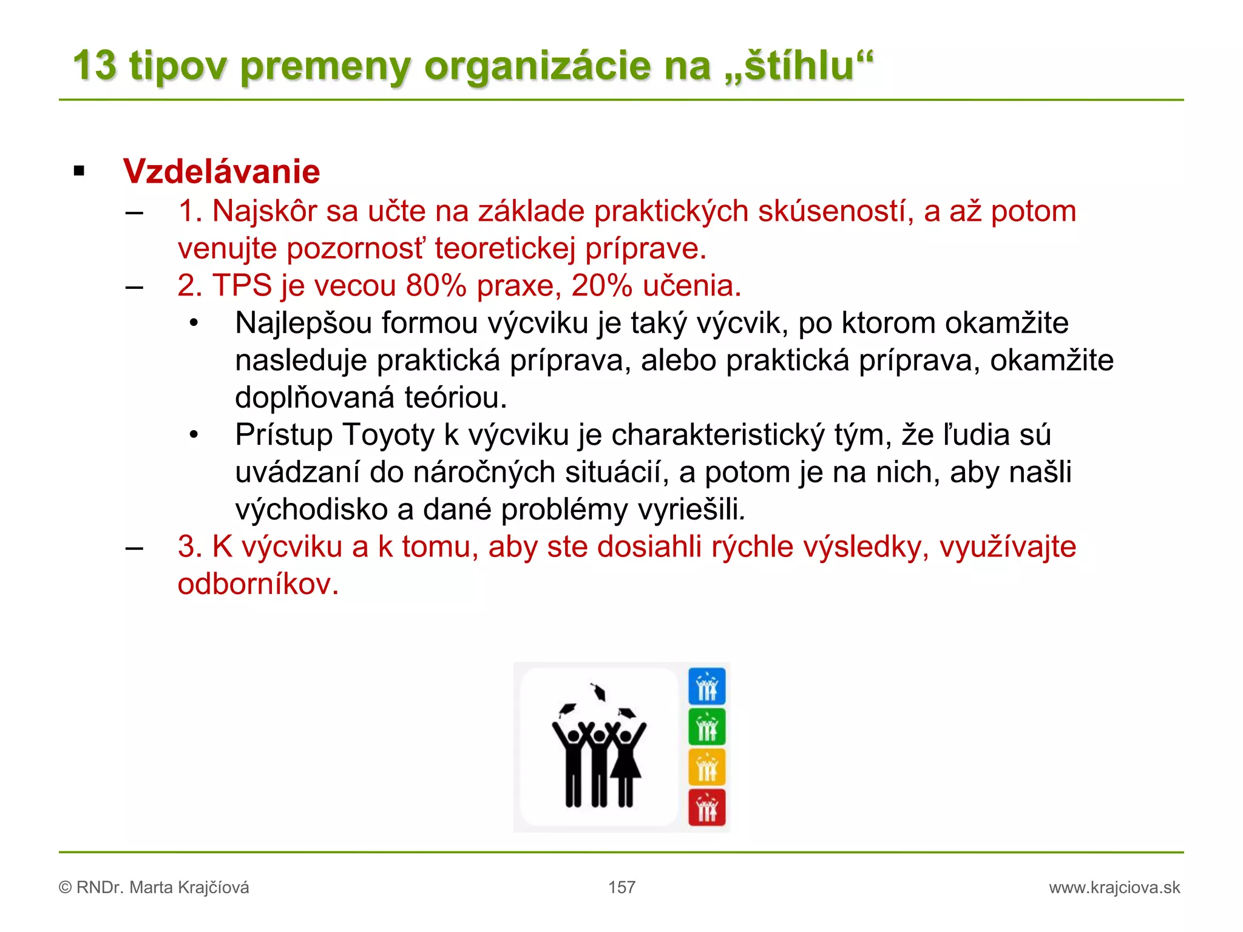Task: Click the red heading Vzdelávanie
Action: (221, 171)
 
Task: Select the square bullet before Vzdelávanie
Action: (79, 171)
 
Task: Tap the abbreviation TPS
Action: (242, 285)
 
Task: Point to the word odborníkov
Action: (258, 584)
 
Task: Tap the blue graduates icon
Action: (706, 686)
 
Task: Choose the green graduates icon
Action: (706, 727)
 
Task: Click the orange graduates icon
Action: (706, 767)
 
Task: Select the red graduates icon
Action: (706, 808)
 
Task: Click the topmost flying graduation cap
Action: (599, 692)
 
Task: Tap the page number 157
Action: (621, 887)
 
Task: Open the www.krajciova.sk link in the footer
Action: (1114, 888)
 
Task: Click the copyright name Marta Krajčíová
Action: (189, 888)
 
